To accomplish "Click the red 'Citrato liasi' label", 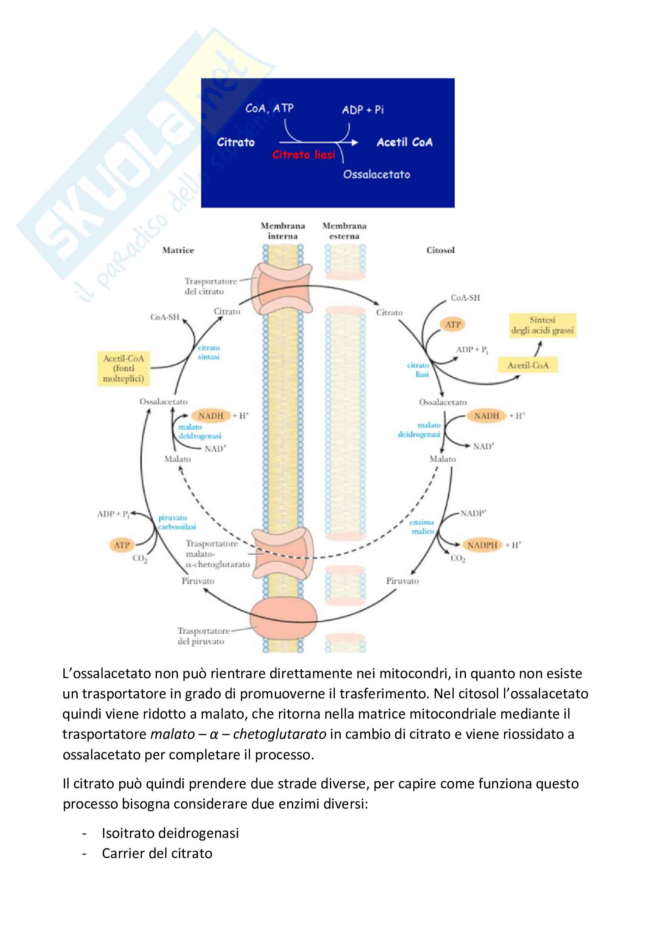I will [304, 155].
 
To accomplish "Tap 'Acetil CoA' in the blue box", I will [405, 142].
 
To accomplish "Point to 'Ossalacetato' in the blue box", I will [376, 174].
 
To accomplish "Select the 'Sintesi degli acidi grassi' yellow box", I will [542, 325].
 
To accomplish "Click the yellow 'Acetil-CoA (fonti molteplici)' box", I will [123, 368].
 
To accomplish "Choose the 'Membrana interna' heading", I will [283, 231].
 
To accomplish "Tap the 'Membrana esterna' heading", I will [344, 231].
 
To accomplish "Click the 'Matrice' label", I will [178, 250].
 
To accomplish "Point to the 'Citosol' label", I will [440, 250].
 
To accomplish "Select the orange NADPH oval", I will [482, 545].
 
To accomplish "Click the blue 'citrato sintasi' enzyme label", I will [209, 352].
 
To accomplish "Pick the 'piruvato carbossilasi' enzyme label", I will [177, 522].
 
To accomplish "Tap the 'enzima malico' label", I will [422, 526].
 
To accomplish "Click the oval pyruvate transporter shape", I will [283, 618].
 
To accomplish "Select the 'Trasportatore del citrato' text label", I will [210, 286].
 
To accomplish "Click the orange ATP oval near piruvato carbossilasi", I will [122, 545].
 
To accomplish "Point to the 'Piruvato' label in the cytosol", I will [402, 581].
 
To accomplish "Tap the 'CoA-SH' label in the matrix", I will [165, 317].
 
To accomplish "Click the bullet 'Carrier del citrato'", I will [157, 853].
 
